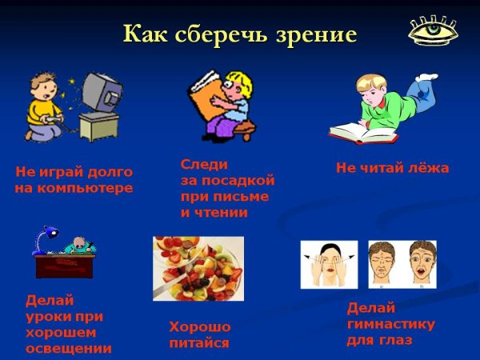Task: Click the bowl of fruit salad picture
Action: (198, 268)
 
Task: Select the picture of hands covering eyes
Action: (329, 264)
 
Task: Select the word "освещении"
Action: (69, 349)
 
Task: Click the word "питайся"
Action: (199, 343)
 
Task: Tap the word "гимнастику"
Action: (390, 324)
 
